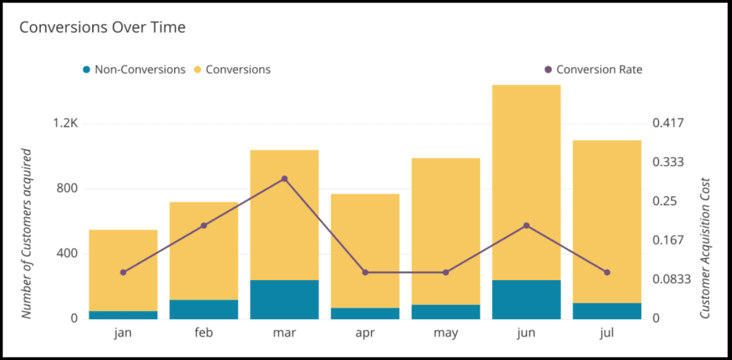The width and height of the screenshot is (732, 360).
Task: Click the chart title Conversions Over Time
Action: (x=102, y=28)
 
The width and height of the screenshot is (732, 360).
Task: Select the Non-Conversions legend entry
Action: (x=133, y=70)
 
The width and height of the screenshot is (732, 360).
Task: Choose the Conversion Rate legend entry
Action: (x=593, y=70)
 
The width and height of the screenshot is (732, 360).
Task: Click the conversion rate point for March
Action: (x=285, y=179)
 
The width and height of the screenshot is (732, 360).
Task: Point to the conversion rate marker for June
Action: (x=526, y=225)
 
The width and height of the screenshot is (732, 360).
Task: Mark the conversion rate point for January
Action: (x=123, y=272)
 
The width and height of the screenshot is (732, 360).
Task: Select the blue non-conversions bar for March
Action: (x=285, y=299)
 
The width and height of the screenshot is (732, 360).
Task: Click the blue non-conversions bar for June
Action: (x=526, y=299)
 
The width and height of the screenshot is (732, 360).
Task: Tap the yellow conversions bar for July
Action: (x=607, y=220)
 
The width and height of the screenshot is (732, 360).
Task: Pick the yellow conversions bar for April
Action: (x=365, y=249)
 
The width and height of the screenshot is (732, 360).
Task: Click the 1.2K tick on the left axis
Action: (x=66, y=123)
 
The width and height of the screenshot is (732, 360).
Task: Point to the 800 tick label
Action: (x=68, y=189)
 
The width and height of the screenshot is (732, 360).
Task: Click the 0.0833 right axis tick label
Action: (x=671, y=279)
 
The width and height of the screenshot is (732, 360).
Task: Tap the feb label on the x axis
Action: (x=203, y=334)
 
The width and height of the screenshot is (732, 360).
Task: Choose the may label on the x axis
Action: (x=446, y=334)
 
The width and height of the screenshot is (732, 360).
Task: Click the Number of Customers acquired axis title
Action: (x=27, y=233)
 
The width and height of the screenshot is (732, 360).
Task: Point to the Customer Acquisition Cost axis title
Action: (x=706, y=247)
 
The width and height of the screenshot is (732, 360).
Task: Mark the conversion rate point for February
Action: (x=203, y=225)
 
